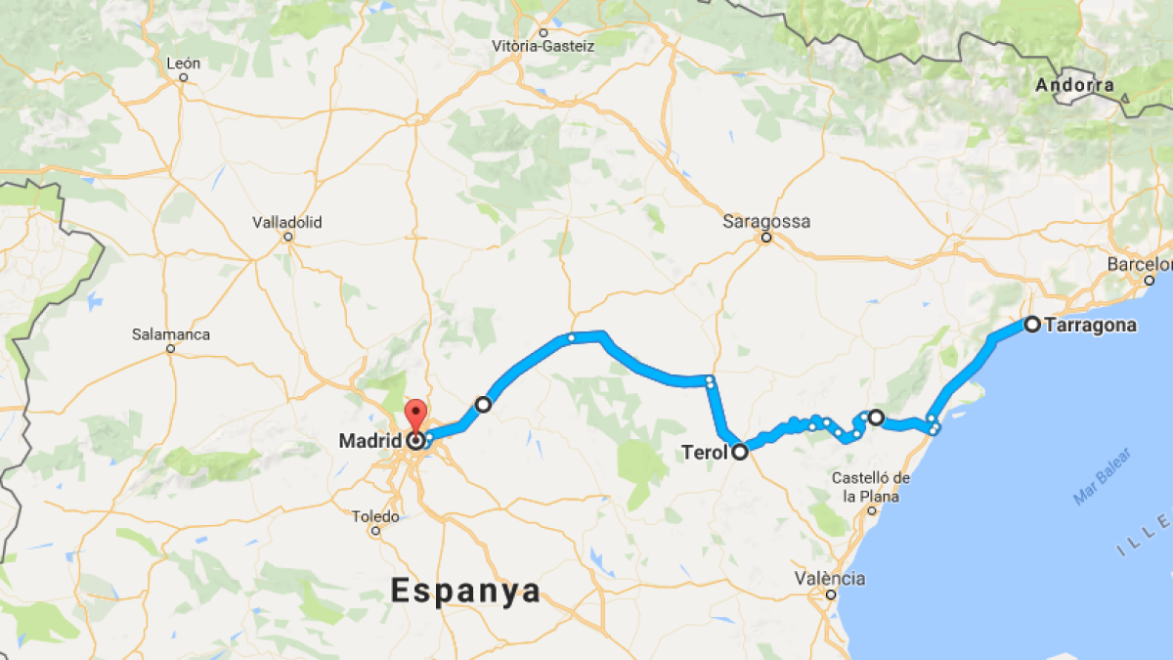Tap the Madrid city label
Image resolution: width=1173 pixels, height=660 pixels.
370,441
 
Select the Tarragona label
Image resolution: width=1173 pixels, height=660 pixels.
1090,326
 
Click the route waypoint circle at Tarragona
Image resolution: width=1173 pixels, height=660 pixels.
1031,324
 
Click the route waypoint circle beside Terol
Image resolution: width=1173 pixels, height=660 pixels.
740,452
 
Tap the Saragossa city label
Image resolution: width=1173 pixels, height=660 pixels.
766,221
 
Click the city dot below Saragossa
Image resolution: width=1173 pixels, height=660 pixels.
766,238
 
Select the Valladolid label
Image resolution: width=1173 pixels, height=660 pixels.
287,222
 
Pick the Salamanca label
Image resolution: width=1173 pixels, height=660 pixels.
171,334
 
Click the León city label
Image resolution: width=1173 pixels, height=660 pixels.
184,64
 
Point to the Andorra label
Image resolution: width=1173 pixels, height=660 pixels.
1074,85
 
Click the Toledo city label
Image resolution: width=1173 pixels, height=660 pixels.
375,516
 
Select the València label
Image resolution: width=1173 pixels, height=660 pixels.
829,578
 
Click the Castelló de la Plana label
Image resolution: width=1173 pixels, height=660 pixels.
872,486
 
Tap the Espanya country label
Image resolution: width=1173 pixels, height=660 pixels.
465,591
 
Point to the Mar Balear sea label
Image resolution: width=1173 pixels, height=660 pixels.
1102,476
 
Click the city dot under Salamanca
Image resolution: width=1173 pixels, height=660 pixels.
170,348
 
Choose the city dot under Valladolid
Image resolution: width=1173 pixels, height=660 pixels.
287,237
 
